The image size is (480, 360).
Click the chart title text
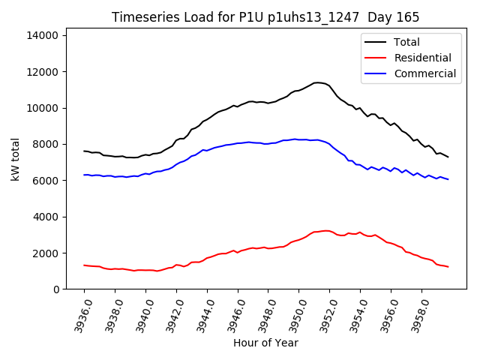(x=265, y=17)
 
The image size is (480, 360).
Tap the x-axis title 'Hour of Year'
(x=265, y=343)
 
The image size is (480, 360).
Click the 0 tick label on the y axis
(x=55, y=289)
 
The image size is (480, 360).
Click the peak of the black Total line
(x=318, y=82)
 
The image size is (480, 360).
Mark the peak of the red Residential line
(x=326, y=230)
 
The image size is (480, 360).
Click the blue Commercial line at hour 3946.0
(x=238, y=143)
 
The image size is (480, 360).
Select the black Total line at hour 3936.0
(x=85, y=151)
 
